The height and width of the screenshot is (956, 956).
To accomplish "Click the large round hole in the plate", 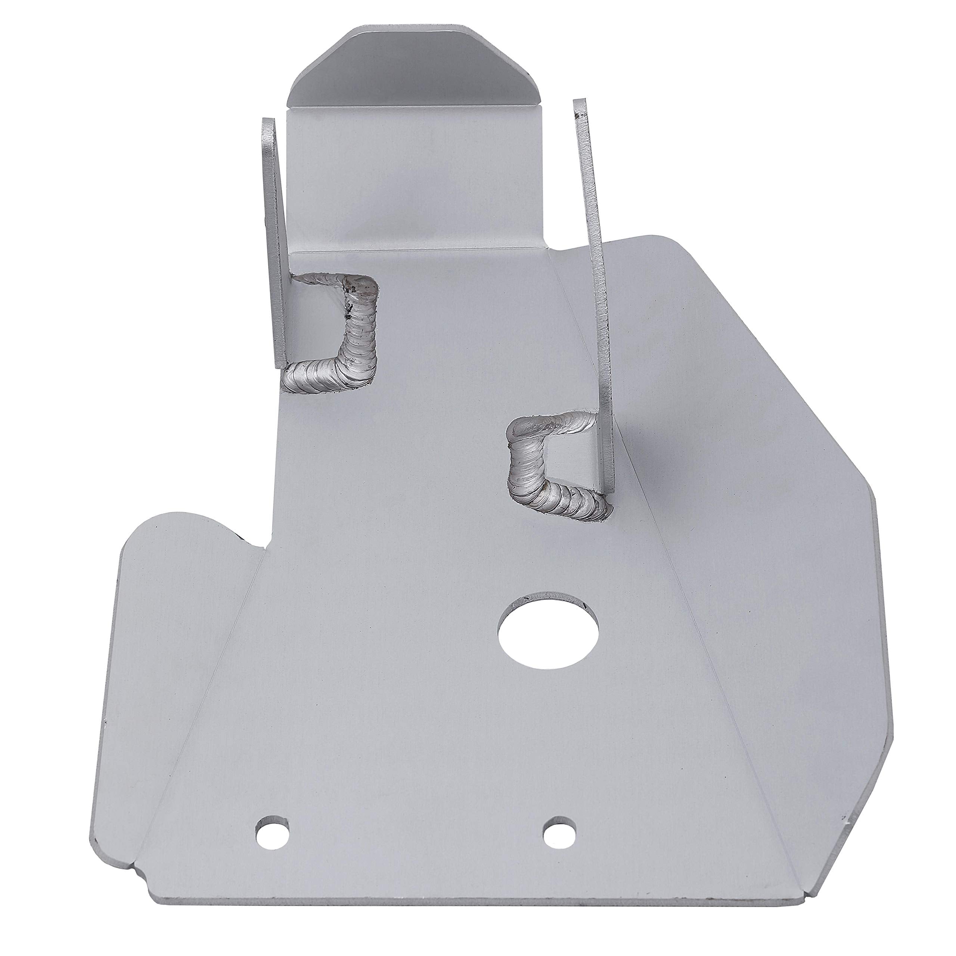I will tap(548, 635).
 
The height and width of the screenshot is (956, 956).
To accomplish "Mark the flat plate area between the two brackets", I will tap(446, 347).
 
